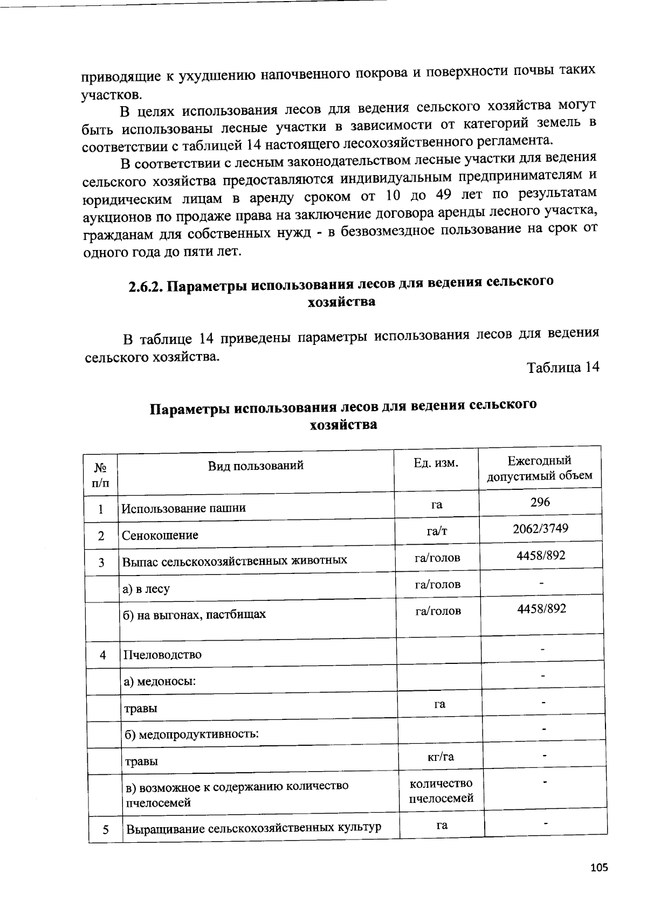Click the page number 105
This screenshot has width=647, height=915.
pyautogui.click(x=599, y=868)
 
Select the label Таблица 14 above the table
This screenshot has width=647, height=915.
pyautogui.click(x=562, y=368)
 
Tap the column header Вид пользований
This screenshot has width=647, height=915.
pyautogui.click(x=256, y=466)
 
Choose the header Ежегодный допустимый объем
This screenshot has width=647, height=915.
pyautogui.click(x=539, y=468)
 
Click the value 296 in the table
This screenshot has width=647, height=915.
pyautogui.click(x=540, y=502)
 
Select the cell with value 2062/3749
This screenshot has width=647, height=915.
pyautogui.click(x=540, y=528)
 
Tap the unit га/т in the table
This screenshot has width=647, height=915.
pyautogui.click(x=436, y=531)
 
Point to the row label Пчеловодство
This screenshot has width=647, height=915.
pyautogui.click(x=162, y=655)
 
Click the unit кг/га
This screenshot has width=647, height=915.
pyautogui.click(x=440, y=757)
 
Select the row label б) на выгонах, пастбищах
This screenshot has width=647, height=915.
pyautogui.click(x=194, y=614)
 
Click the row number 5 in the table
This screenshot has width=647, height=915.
pyautogui.click(x=106, y=830)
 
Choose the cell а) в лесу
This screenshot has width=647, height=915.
pyautogui.click(x=146, y=589)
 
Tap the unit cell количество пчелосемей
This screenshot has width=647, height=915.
pyautogui.click(x=440, y=791)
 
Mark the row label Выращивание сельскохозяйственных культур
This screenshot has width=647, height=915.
pyautogui.click(x=253, y=828)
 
